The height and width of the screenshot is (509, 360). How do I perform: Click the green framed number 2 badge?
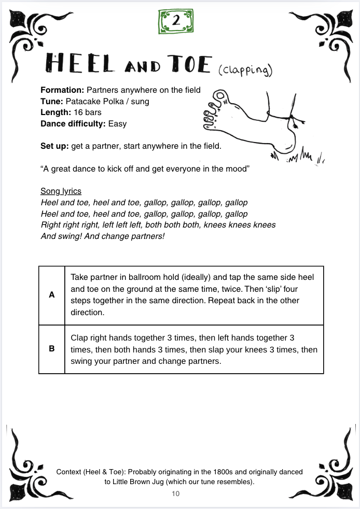point(176,21)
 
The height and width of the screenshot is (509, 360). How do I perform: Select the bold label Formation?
point(62,90)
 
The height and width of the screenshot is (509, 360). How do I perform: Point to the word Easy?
point(117,124)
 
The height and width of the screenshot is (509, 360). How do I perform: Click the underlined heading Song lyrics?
point(61,191)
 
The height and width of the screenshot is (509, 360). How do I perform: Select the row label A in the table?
point(51,295)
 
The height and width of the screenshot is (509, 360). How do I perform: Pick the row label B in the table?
point(51,349)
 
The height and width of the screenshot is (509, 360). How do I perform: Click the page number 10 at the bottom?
point(175,494)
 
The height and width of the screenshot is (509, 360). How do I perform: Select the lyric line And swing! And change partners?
point(102,236)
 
